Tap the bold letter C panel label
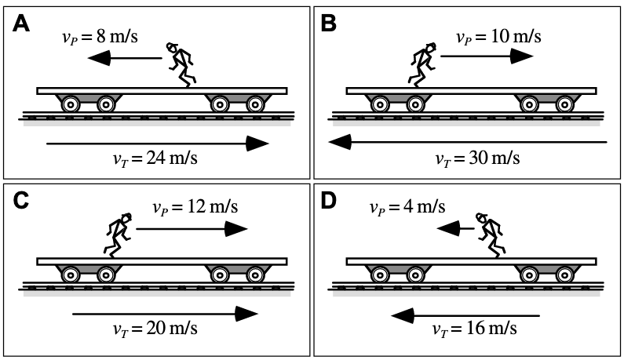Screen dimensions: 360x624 [x=22, y=200]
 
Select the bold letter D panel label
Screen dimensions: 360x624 [x=329, y=200]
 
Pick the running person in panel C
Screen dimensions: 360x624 [x=119, y=234]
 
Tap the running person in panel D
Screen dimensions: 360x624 [x=491, y=234]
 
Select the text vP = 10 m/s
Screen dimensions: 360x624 [x=498, y=37]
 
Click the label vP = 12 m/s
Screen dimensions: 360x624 [x=195, y=208]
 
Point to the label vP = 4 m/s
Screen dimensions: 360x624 [x=407, y=207]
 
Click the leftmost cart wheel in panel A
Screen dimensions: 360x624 [x=70, y=103]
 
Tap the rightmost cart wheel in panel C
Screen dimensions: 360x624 [x=254, y=274]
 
